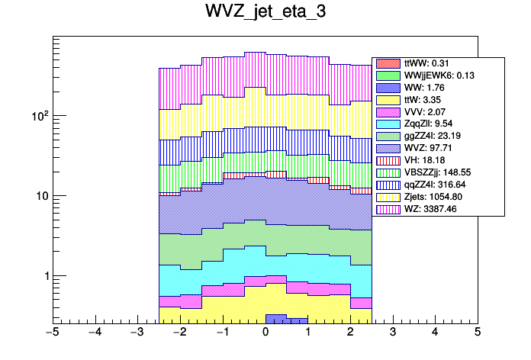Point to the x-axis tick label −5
[53, 333]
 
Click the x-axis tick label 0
[265, 333]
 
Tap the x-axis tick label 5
[478, 333]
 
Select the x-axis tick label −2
[180, 333]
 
